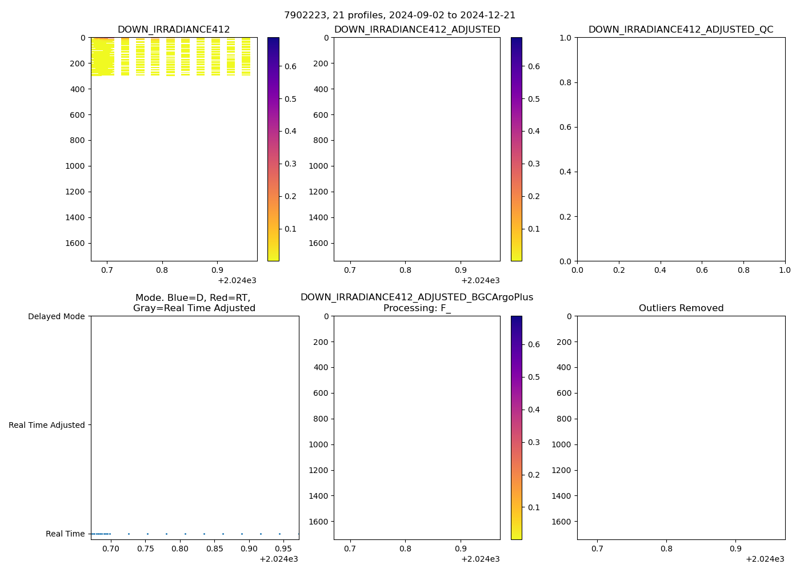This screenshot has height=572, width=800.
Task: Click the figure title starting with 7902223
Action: [399, 15]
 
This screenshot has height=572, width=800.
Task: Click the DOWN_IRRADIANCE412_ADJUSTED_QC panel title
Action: [681, 30]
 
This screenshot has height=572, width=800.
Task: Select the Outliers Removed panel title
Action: [681, 308]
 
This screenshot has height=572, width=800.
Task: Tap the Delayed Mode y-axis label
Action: [56, 316]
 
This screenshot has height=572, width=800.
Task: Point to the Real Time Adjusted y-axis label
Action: [47, 425]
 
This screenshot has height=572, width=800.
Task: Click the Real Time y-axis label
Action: [65, 534]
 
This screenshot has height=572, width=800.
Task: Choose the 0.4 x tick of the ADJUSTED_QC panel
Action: [660, 271]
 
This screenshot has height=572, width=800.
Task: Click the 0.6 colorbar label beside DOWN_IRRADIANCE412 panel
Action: [290, 66]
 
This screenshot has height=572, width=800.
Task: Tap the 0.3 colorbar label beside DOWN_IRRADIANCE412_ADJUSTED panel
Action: [534, 164]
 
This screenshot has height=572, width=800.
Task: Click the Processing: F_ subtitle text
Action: [417, 308]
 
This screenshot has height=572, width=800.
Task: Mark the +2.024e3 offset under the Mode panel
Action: [278, 559]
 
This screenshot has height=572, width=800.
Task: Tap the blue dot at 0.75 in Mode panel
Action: [147, 534]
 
